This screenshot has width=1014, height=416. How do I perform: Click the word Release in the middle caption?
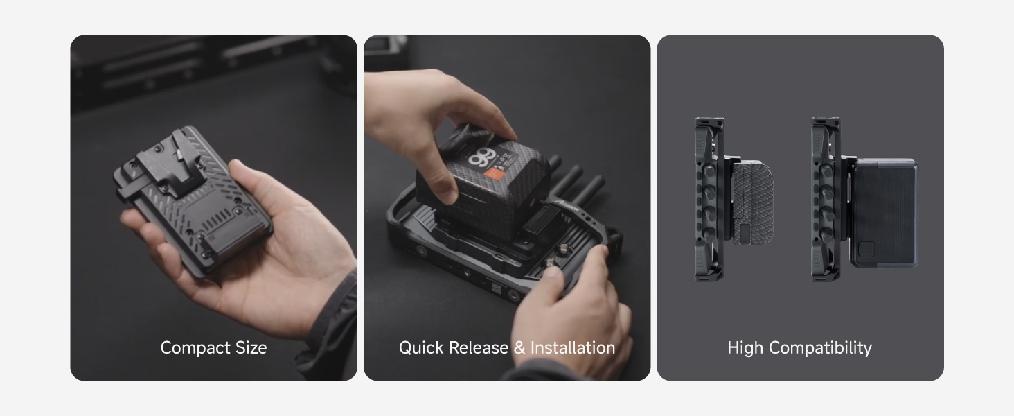pyautogui.click(x=479, y=347)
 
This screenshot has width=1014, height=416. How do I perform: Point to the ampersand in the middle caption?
pyautogui.click(x=519, y=347)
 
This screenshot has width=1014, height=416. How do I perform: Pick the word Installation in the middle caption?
pyautogui.click(x=573, y=347)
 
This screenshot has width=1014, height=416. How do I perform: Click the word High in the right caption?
pyautogui.click(x=745, y=348)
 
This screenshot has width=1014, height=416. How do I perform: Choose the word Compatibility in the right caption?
pyautogui.click(x=820, y=348)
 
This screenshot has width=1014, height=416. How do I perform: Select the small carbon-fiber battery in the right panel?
pyautogui.click(x=752, y=202)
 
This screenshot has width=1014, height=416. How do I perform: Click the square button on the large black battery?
pyautogui.click(x=866, y=250)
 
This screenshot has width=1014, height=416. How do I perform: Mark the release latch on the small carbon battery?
pyautogui.click(x=745, y=233)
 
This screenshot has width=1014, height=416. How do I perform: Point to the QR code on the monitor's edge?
pyautogui.click(x=496, y=287)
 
